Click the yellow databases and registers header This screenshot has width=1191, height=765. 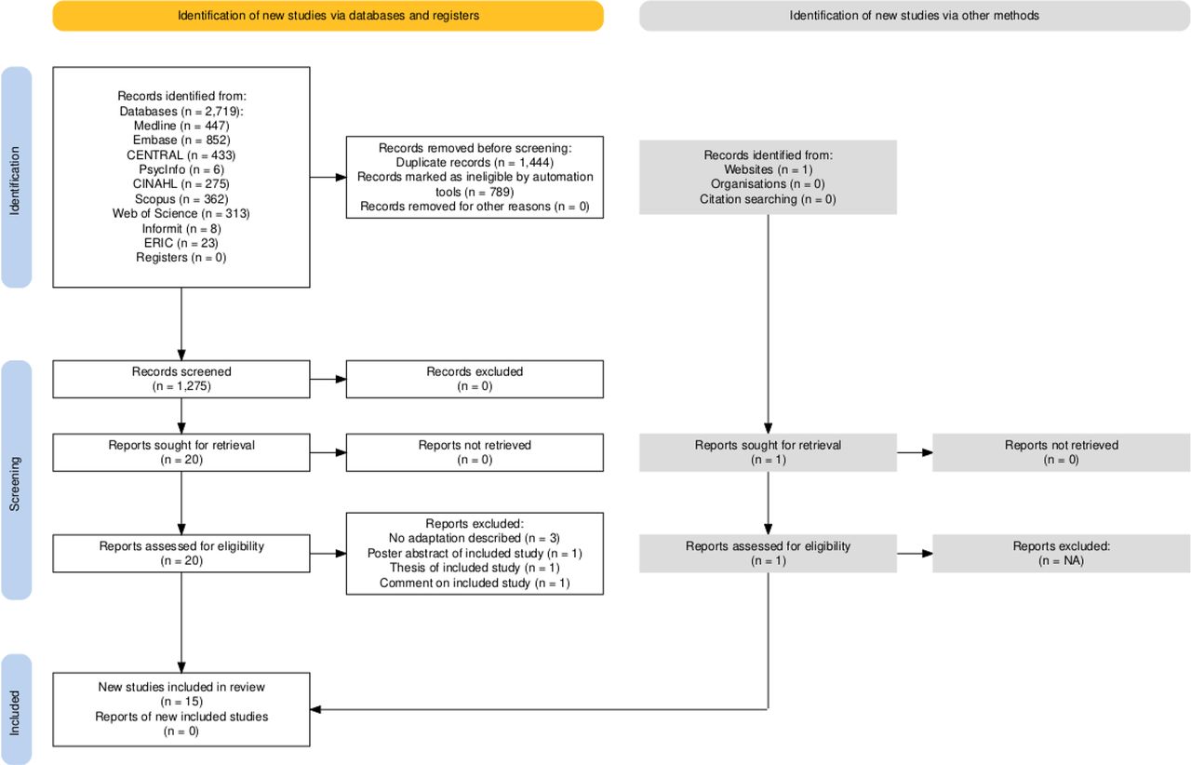(328, 16)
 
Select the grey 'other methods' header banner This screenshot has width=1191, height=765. (915, 16)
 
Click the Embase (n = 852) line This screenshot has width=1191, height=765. (181, 141)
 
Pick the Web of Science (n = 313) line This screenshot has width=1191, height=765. (181, 214)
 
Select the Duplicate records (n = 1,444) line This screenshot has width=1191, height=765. (475, 163)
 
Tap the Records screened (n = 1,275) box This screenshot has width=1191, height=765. (181, 380)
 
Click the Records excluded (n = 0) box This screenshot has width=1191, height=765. (475, 380)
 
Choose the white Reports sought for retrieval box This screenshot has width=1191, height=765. (181, 452)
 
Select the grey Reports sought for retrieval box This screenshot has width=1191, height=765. (768, 452)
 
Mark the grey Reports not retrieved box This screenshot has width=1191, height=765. (1062, 452)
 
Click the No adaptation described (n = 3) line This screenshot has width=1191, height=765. (475, 538)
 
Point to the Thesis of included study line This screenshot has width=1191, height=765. (475, 568)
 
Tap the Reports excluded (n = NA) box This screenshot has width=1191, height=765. (1062, 554)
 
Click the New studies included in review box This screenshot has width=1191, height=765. (181, 710)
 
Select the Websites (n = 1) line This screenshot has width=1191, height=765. (768, 169)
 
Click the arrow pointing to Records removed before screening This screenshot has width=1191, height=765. (328, 177)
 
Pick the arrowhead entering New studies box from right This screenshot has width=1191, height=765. (315, 710)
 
